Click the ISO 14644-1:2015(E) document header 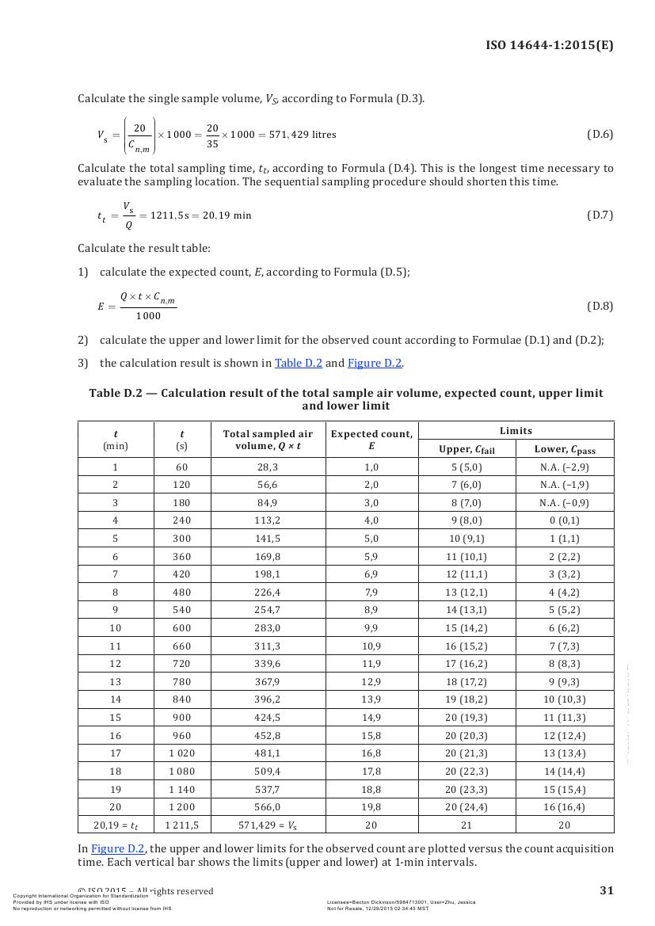coord(549,45)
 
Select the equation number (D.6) coord(600,134)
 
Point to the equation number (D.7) coord(600,215)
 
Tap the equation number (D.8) coord(600,306)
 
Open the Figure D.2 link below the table coord(118,848)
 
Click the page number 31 coord(606,890)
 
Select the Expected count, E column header coord(371,440)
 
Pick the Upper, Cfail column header coord(466,449)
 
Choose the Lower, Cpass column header coord(564,449)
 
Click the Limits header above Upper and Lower coord(516,430)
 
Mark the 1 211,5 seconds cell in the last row coord(181,825)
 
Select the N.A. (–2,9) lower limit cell coord(564,467)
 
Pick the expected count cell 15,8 coord(371,735)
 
